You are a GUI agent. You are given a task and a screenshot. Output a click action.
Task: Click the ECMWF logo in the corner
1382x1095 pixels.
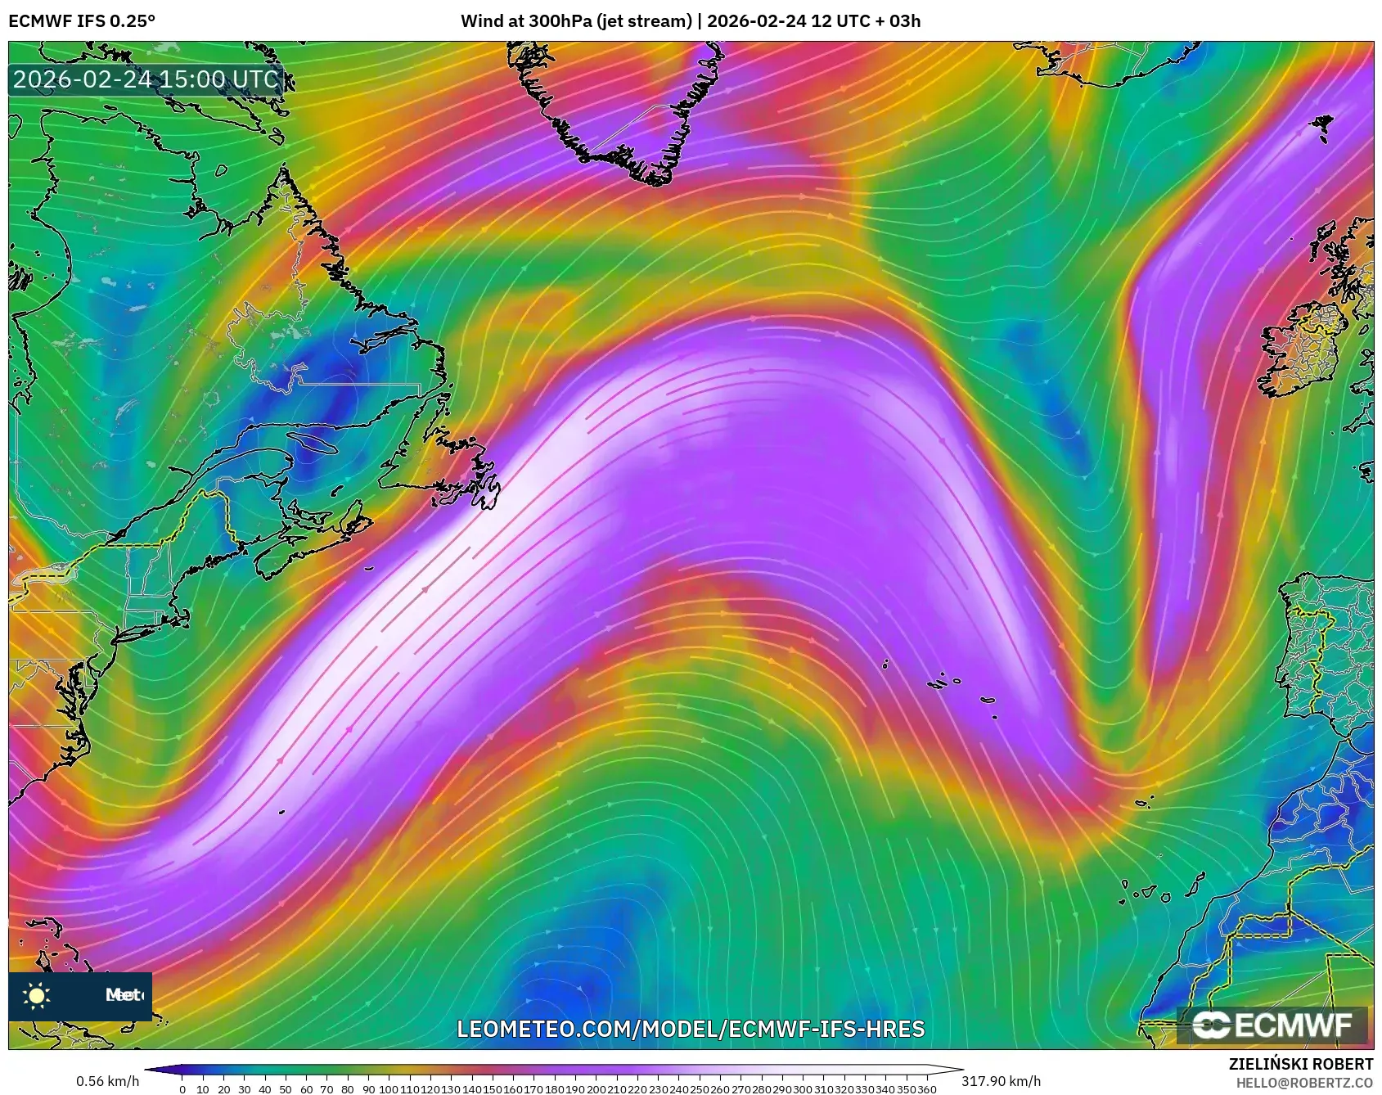pos(1272,1025)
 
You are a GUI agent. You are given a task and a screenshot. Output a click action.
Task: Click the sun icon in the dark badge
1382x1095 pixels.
pos(37,995)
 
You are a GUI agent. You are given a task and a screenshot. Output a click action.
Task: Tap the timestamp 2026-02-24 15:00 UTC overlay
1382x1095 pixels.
pos(146,79)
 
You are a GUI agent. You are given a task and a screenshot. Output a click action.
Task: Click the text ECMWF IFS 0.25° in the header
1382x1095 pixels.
pos(81,21)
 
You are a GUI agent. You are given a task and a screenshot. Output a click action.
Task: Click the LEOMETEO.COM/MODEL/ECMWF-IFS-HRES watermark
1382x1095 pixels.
pos(691,1029)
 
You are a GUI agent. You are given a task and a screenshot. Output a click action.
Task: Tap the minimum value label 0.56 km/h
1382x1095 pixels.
pos(107,1081)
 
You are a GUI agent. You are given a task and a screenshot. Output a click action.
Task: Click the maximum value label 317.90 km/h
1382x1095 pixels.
pos(1001,1081)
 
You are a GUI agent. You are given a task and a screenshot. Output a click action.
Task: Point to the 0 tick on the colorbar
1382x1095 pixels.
pos(182,1089)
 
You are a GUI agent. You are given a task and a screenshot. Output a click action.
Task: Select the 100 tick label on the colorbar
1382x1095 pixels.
pos(388,1089)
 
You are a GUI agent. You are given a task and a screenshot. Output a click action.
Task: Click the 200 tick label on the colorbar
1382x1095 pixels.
pos(596,1089)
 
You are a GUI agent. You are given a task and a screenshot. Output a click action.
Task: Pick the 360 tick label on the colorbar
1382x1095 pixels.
pos(926,1089)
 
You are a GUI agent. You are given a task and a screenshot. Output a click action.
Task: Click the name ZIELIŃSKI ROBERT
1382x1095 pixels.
pos(1301,1064)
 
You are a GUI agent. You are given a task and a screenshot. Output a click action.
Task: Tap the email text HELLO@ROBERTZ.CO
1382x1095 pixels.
pos(1304,1083)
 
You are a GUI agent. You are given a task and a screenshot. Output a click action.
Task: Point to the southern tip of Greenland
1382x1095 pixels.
pos(655,180)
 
